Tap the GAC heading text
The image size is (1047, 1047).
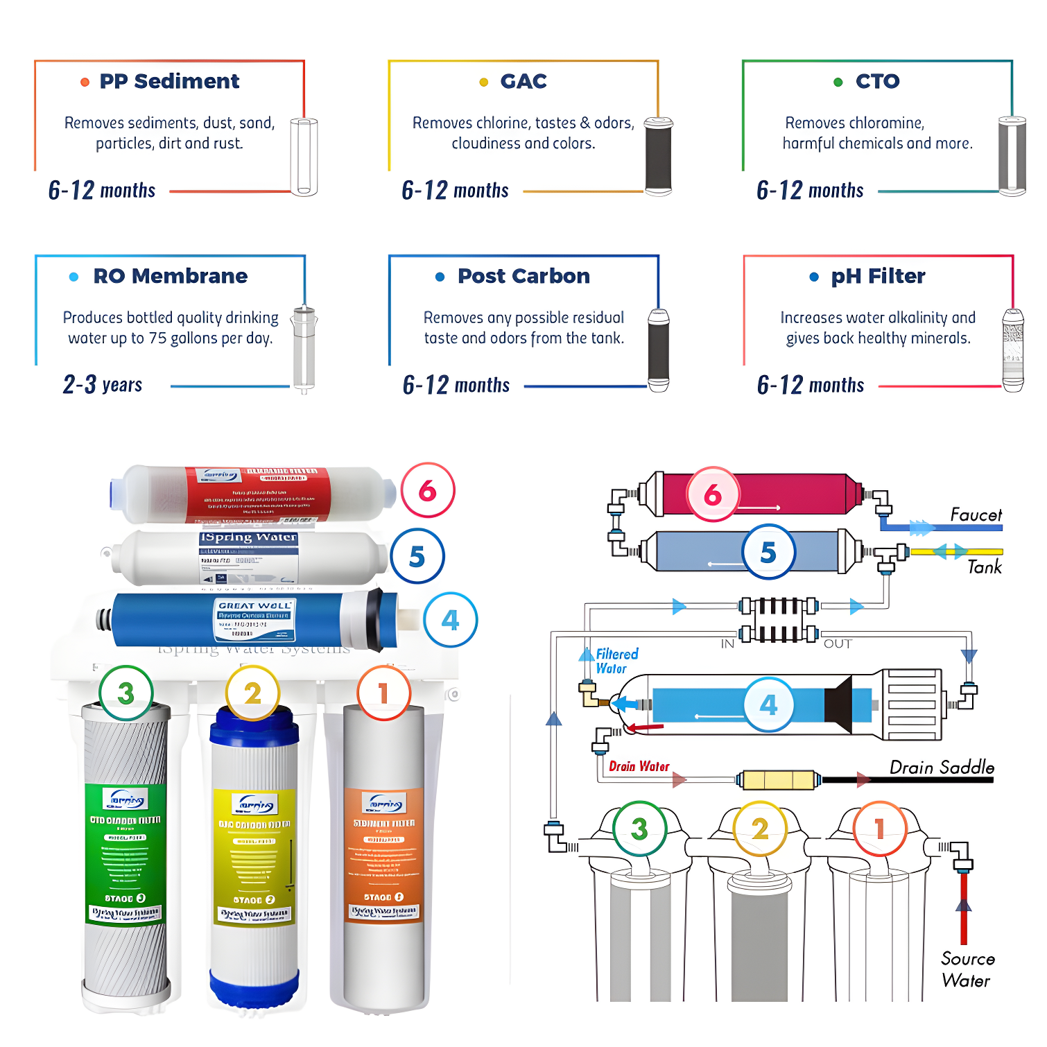pos(523,81)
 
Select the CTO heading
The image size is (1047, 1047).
pos(877,81)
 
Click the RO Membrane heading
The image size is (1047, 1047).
pos(170,276)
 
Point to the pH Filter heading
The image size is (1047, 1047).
pos(878,276)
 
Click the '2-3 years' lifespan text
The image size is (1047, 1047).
pos(103,384)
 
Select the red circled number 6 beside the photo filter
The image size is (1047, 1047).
pos(428,490)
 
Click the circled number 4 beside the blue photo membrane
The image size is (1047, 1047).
pos(451,619)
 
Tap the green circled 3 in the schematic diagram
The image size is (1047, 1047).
pos(639,829)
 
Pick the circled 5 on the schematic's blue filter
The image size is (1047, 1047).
pos(768,552)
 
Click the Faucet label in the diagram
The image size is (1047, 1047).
pos(976,514)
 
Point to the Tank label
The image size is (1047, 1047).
pos(985,567)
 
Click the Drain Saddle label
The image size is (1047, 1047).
pos(942,767)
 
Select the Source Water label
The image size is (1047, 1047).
pos(967,969)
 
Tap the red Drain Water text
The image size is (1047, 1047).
pos(639,766)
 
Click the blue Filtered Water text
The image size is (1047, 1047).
pos(616,661)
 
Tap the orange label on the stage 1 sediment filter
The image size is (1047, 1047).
pos(383,853)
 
